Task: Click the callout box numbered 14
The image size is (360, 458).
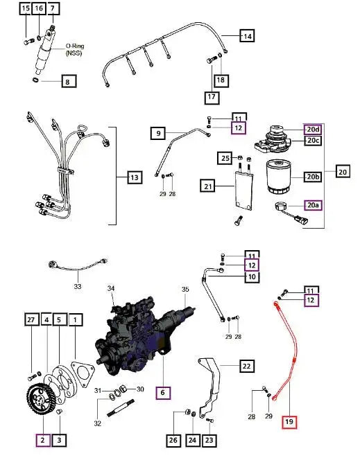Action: tap(246, 35)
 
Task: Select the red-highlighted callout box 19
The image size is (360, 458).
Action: tap(288, 421)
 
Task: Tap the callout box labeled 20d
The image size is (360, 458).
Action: tap(313, 130)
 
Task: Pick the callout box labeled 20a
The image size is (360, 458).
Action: tap(314, 204)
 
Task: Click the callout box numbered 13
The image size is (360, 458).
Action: tap(134, 178)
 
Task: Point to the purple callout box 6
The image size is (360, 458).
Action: tap(162, 391)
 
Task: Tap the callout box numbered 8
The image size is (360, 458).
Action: tap(67, 82)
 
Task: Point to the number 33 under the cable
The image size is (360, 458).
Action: tap(78, 285)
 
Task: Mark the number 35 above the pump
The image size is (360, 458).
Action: tap(185, 289)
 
